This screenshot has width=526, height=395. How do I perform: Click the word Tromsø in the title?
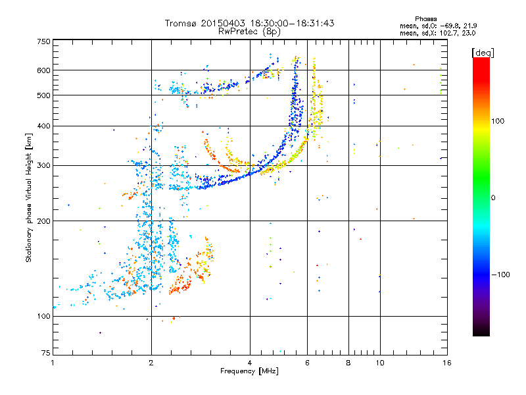click(x=181, y=23)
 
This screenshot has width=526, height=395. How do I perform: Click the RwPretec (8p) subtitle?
click(x=249, y=32)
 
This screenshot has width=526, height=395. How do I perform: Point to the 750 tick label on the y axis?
click(x=44, y=41)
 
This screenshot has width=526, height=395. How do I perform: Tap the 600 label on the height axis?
click(x=44, y=70)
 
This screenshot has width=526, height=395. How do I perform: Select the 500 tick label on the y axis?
click(x=44, y=95)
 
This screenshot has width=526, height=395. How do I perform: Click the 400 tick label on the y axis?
click(x=44, y=126)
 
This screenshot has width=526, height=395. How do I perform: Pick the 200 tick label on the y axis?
click(x=44, y=221)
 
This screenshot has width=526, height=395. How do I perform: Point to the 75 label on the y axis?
click(x=46, y=353)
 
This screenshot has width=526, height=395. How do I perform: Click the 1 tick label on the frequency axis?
click(x=53, y=363)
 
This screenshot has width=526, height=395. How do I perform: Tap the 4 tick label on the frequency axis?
click(x=250, y=363)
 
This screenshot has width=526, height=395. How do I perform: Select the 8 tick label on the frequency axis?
click(x=348, y=363)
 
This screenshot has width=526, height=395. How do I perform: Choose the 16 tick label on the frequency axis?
click(x=447, y=363)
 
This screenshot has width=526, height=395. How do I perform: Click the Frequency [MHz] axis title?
click(x=249, y=371)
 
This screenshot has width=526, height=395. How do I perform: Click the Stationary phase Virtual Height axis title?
click(x=28, y=197)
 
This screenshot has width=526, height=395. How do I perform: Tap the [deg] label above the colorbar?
click(x=483, y=53)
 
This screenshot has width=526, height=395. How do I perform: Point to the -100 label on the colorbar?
click(x=501, y=275)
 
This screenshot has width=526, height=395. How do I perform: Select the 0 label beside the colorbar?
click(x=493, y=198)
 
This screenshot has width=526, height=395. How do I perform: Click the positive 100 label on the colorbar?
click(x=498, y=121)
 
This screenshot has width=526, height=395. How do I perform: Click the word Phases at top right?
click(x=426, y=19)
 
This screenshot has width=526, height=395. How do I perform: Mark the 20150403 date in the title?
click(x=223, y=23)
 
